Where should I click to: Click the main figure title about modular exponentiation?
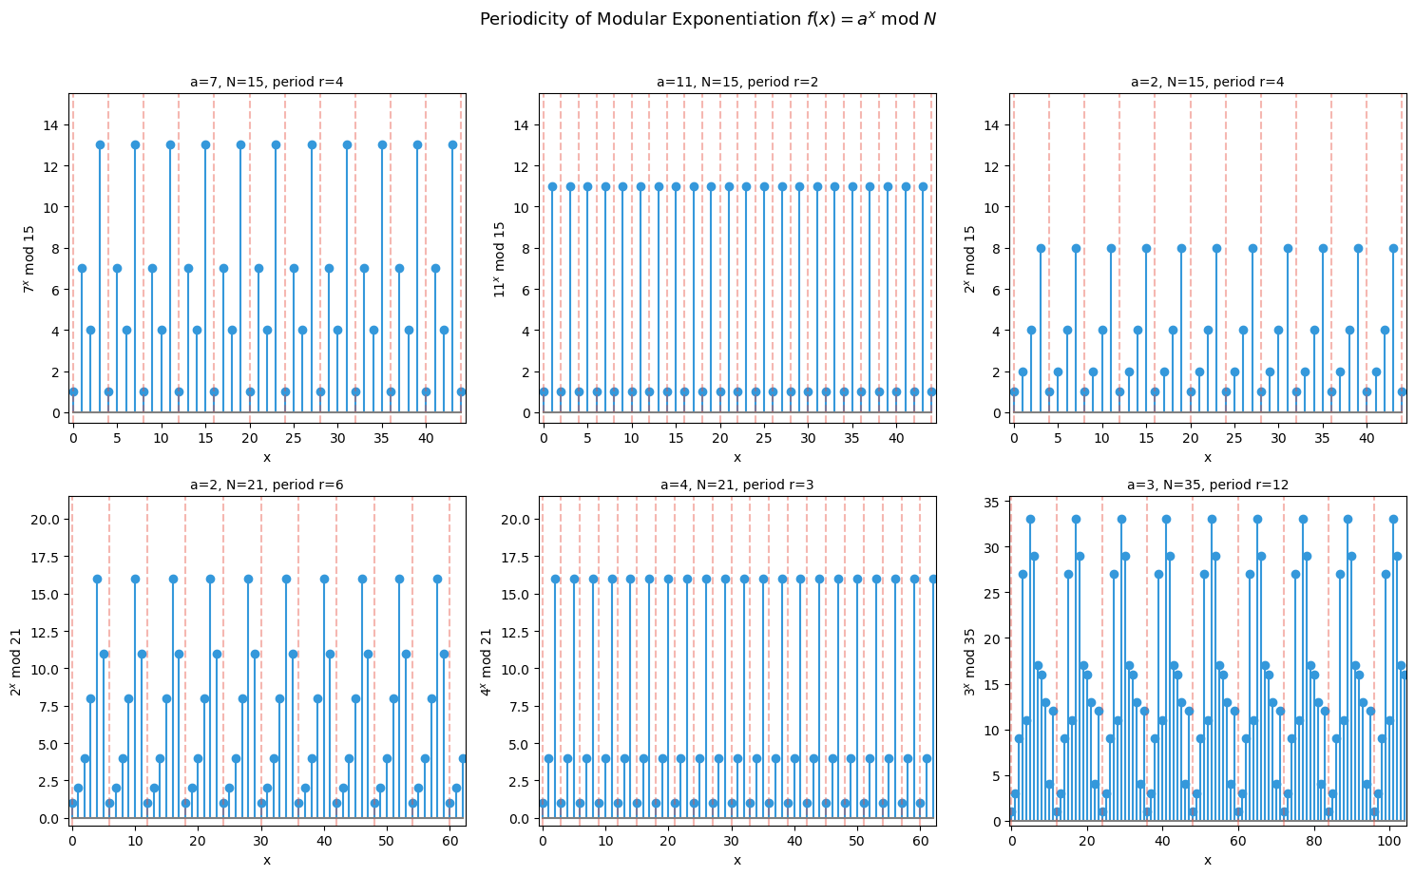coord(708,19)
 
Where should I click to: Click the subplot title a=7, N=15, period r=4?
coord(267,82)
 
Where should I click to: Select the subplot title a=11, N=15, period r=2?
coord(737,82)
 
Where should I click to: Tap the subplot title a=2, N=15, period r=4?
coord(1207,82)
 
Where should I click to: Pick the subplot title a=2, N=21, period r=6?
coord(267,485)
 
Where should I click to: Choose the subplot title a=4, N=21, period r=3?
coord(737,485)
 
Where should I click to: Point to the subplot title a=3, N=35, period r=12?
coord(1207,485)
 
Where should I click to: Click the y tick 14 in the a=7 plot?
coord(51,125)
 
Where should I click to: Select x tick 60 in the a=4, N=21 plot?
coord(920,841)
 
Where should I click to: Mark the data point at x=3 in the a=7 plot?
coord(100,144)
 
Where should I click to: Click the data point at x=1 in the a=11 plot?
coord(552,186)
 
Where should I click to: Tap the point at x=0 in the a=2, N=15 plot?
coord(1014,391)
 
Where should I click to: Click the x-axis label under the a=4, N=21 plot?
coord(737,860)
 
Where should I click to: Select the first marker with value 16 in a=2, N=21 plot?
coord(97,579)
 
